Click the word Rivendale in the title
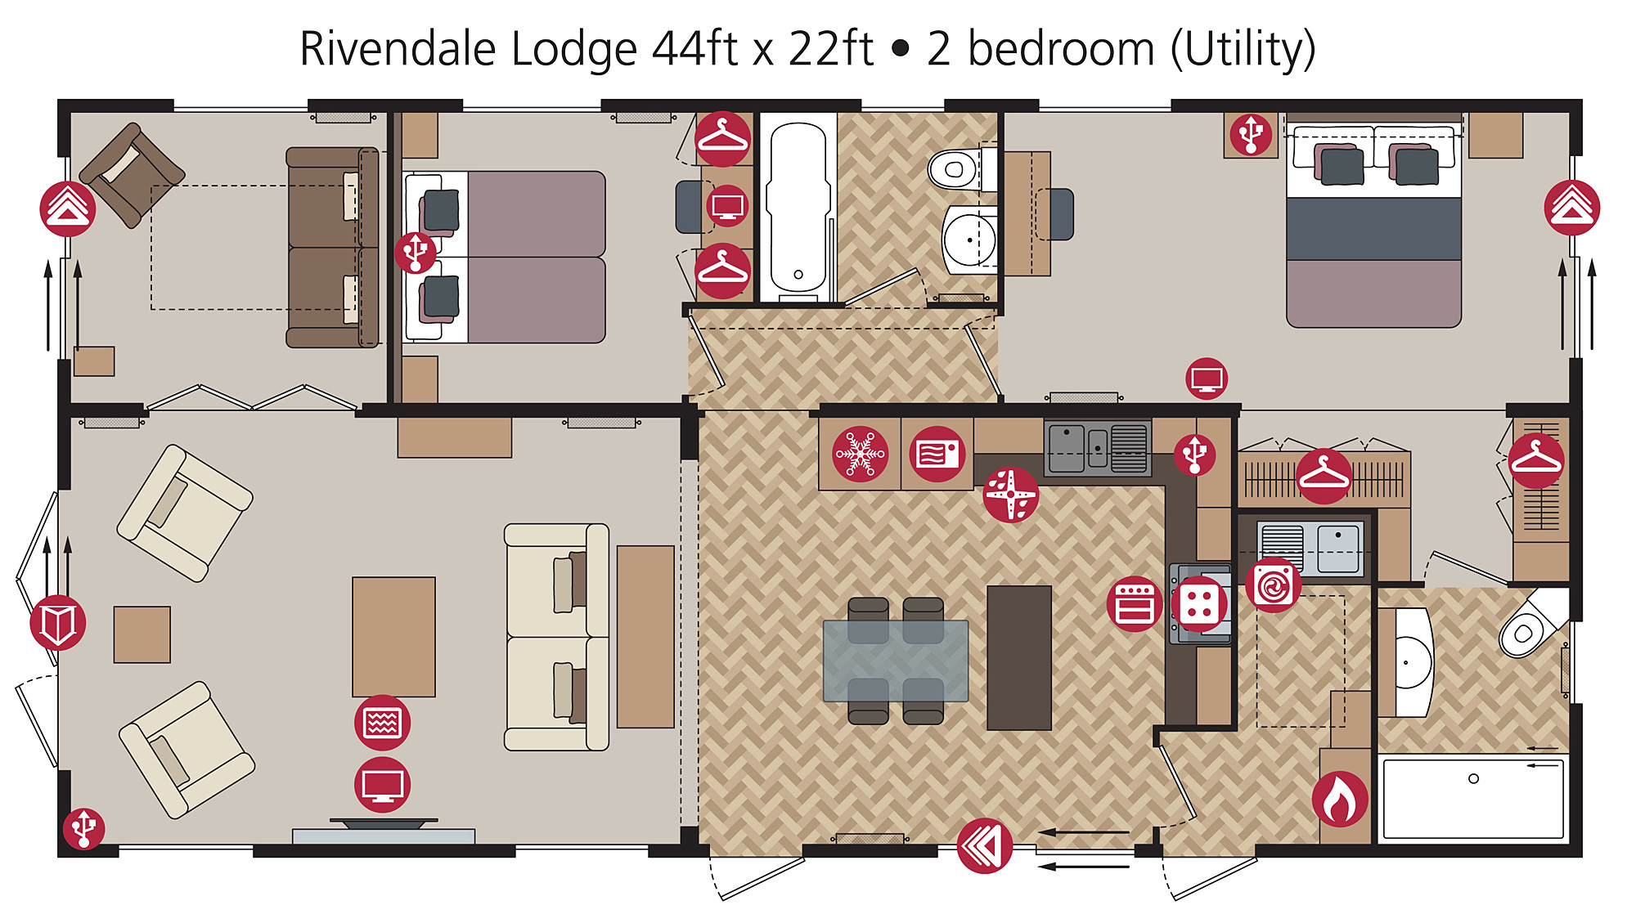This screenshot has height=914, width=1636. tap(398, 48)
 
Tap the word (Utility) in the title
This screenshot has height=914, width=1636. tap(1243, 49)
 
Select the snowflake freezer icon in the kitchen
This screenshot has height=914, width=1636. tap(860, 454)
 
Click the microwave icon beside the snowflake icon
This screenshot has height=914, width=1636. tap(937, 454)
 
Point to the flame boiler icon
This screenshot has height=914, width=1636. tap(1340, 799)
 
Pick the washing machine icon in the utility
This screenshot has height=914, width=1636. tap(1274, 585)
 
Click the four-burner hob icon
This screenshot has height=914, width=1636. tap(1199, 605)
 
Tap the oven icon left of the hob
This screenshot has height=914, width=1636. tap(1135, 604)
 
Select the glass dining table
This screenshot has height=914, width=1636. tap(896, 661)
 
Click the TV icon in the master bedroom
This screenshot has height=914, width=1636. tap(1207, 379)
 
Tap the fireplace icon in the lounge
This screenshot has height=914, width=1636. tap(382, 723)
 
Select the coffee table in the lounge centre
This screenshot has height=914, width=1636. tap(393, 637)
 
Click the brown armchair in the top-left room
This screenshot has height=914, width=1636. tap(132, 175)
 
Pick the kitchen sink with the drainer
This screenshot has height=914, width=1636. tap(1097, 447)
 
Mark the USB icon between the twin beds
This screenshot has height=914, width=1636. tap(416, 252)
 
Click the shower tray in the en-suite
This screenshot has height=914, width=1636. tap(1473, 799)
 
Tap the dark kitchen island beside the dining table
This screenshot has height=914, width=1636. tap(1019, 657)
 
